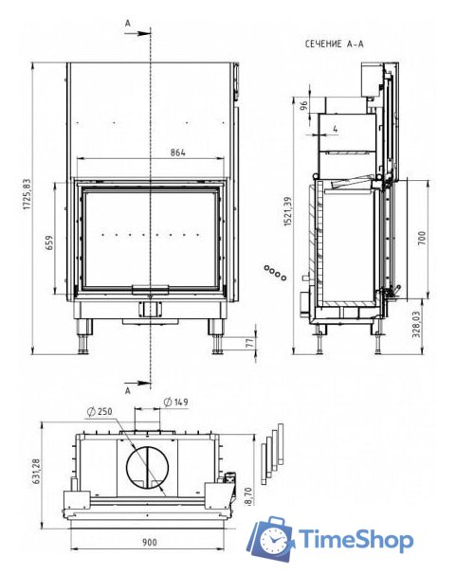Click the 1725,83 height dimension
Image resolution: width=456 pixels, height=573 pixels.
coord(27,194)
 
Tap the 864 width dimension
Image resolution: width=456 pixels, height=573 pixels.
coord(177,152)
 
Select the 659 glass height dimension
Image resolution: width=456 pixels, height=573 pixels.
coord(49,242)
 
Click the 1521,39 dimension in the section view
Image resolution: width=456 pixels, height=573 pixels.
coord(288,211)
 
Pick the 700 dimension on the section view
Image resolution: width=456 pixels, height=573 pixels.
coord(422,238)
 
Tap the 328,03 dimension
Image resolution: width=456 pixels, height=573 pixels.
coord(417,324)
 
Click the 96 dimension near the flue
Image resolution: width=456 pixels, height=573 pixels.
coord(304,106)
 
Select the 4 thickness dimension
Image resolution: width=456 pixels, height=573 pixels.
coord(336,129)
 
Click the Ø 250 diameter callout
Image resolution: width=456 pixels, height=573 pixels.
coord(100,412)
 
